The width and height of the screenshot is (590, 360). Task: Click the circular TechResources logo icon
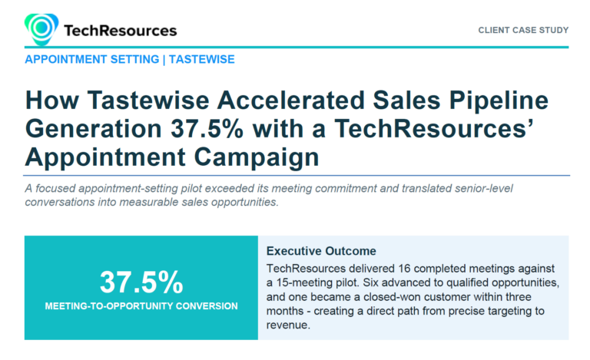point(41,29)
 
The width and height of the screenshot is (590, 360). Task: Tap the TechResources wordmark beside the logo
point(121,31)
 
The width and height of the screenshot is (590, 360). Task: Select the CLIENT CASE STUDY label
point(523,30)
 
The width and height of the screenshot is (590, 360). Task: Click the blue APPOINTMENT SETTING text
point(92,59)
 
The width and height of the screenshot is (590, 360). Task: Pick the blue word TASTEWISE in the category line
point(202,59)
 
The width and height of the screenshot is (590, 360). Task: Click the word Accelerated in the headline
point(291,101)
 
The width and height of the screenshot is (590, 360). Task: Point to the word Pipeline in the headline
point(499,101)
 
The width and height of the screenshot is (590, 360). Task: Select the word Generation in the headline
point(93,129)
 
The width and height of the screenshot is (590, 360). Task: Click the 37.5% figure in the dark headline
point(207,129)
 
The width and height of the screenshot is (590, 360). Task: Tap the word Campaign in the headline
point(257,158)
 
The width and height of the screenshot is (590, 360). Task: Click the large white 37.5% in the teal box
point(141,282)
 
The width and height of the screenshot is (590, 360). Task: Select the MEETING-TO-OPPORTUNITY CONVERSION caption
point(141,306)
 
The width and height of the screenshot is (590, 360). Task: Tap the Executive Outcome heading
point(321,251)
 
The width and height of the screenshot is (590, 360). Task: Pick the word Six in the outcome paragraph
point(370,282)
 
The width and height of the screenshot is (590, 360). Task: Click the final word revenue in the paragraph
point(288,325)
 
